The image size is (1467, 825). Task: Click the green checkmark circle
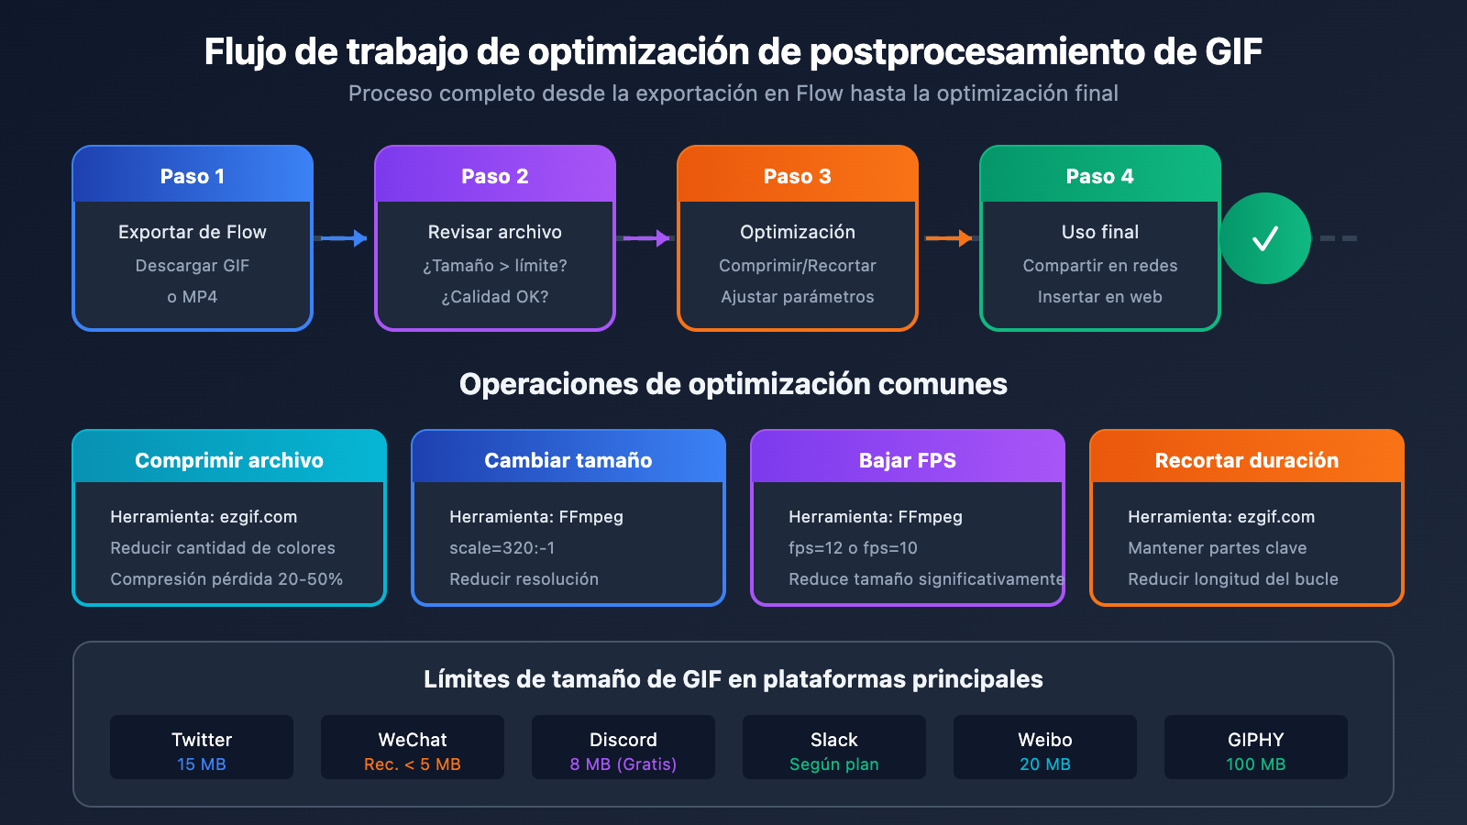[1264, 238]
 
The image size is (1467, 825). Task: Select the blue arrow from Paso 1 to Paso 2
[340, 238]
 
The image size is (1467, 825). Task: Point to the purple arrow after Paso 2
[645, 238]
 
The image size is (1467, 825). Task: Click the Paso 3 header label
[797, 176]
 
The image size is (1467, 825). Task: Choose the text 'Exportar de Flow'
[193, 232]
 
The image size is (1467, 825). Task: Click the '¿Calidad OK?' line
[494, 297]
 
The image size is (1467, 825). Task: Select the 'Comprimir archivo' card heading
[229, 460]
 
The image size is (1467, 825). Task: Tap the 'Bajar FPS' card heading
[908, 460]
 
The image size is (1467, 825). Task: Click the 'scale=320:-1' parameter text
[502, 548]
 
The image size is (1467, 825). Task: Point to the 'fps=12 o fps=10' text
[853, 548]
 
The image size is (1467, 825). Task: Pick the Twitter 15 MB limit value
[202, 764]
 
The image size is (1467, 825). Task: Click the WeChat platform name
[413, 740]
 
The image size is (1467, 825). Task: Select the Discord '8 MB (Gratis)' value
[623, 764]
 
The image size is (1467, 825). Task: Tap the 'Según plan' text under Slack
[834, 764]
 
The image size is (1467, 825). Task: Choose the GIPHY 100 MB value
[1256, 764]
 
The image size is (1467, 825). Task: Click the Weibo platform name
[1045, 740]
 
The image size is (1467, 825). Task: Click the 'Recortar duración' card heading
[1247, 460]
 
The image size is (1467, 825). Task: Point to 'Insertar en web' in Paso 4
[1100, 297]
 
